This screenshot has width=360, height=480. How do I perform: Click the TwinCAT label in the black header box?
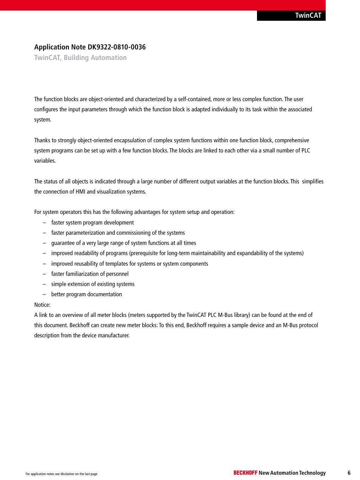[x=308, y=15]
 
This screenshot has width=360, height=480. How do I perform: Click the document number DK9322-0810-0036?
[x=117, y=47]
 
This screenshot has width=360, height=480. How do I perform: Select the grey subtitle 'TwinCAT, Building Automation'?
[x=80, y=58]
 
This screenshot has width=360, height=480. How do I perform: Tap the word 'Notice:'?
[x=42, y=305]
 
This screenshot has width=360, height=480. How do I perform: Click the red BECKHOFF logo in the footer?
[x=245, y=473]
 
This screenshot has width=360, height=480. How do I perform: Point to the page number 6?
[x=349, y=473]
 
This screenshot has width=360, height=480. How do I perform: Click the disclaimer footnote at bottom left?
[x=62, y=474]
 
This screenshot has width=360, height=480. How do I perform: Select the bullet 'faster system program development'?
[x=92, y=223]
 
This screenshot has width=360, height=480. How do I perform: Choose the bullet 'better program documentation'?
[x=86, y=294]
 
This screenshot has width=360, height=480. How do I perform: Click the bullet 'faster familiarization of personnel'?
[x=90, y=274]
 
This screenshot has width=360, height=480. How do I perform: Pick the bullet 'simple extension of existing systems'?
[x=93, y=284]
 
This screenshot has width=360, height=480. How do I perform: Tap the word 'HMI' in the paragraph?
[x=80, y=192]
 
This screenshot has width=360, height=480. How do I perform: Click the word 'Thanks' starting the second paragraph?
[x=42, y=140]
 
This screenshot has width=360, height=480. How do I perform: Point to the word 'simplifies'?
[x=312, y=182]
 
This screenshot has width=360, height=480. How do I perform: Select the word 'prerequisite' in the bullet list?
[x=147, y=253]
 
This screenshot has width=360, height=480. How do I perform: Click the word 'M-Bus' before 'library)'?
[x=225, y=315]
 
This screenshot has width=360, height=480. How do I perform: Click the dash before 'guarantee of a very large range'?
[x=44, y=243]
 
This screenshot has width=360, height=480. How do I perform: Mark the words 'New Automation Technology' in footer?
[x=292, y=473]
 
